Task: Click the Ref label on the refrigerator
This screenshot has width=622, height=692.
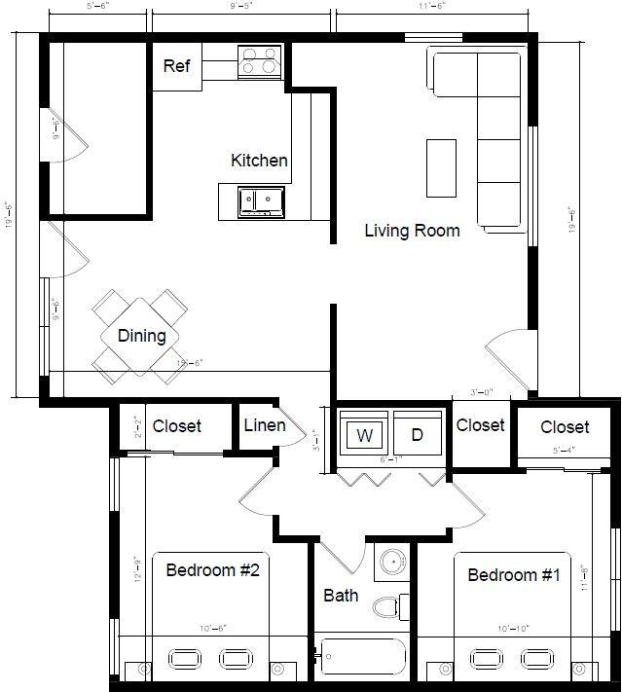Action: tap(176, 66)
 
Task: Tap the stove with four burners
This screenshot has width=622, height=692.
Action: tap(260, 61)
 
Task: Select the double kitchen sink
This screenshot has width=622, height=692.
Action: tap(261, 200)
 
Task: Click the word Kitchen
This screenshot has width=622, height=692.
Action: tap(259, 161)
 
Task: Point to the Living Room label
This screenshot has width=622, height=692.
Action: tap(412, 231)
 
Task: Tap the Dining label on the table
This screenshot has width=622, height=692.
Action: tap(141, 336)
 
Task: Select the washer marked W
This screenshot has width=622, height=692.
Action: tap(365, 435)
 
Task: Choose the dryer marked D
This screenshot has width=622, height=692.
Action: tap(418, 435)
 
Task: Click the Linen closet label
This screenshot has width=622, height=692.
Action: tap(265, 425)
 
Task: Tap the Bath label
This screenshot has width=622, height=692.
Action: tap(341, 595)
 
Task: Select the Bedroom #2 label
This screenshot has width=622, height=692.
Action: tap(211, 569)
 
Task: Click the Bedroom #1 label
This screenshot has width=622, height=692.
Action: tap(514, 575)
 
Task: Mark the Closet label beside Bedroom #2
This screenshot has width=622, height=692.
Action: tap(177, 426)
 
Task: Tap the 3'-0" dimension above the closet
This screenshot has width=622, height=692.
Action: tap(482, 393)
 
